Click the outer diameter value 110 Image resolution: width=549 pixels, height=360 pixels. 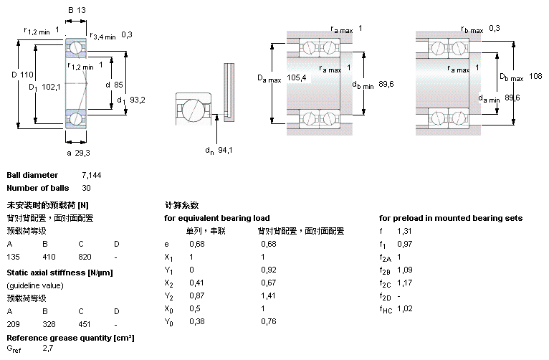click(x=27, y=75)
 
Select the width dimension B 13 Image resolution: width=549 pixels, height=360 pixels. click(x=76, y=10)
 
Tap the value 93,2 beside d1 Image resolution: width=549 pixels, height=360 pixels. click(x=138, y=100)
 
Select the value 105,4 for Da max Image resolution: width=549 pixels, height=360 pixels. click(x=297, y=77)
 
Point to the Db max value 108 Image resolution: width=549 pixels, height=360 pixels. click(x=535, y=76)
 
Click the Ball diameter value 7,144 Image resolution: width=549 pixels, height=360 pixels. click(x=92, y=176)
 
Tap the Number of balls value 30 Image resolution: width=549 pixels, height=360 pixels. click(x=87, y=189)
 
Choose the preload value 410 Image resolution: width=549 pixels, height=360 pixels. click(x=49, y=257)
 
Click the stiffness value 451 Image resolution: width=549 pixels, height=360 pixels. click(x=85, y=324)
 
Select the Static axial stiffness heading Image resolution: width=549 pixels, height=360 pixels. click(x=59, y=273)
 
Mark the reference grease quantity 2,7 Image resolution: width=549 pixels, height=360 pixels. click(x=48, y=349)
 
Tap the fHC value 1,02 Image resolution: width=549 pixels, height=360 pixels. click(x=406, y=309)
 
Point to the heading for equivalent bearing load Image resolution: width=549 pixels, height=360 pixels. click(x=217, y=218)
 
